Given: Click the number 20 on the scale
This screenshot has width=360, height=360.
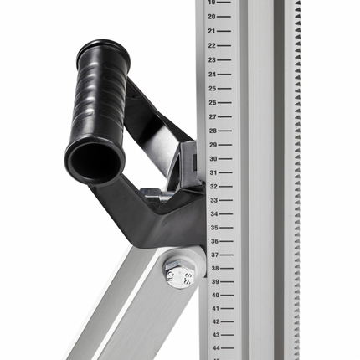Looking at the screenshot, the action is pyautogui.click(x=212, y=17).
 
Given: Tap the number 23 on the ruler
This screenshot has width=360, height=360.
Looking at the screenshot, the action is pyautogui.click(x=212, y=60).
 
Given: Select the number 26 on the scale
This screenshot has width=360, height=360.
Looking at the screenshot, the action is pyautogui.click(x=213, y=103).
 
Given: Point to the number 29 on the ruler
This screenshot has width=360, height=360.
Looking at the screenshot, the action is pyautogui.click(x=213, y=145).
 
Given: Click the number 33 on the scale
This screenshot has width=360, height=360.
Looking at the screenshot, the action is pyautogui.click(x=214, y=200).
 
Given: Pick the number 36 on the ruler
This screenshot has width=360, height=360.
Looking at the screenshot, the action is pyautogui.click(x=214, y=241).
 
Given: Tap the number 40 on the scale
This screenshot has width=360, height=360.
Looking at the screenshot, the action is pyautogui.click(x=215, y=295).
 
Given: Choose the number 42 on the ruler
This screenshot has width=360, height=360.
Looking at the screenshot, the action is pyautogui.click(x=216, y=321).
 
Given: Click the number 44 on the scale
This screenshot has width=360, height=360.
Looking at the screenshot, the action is pyautogui.click(x=216, y=348).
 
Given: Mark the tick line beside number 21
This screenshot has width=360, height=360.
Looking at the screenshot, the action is pyautogui.click(x=224, y=31).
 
